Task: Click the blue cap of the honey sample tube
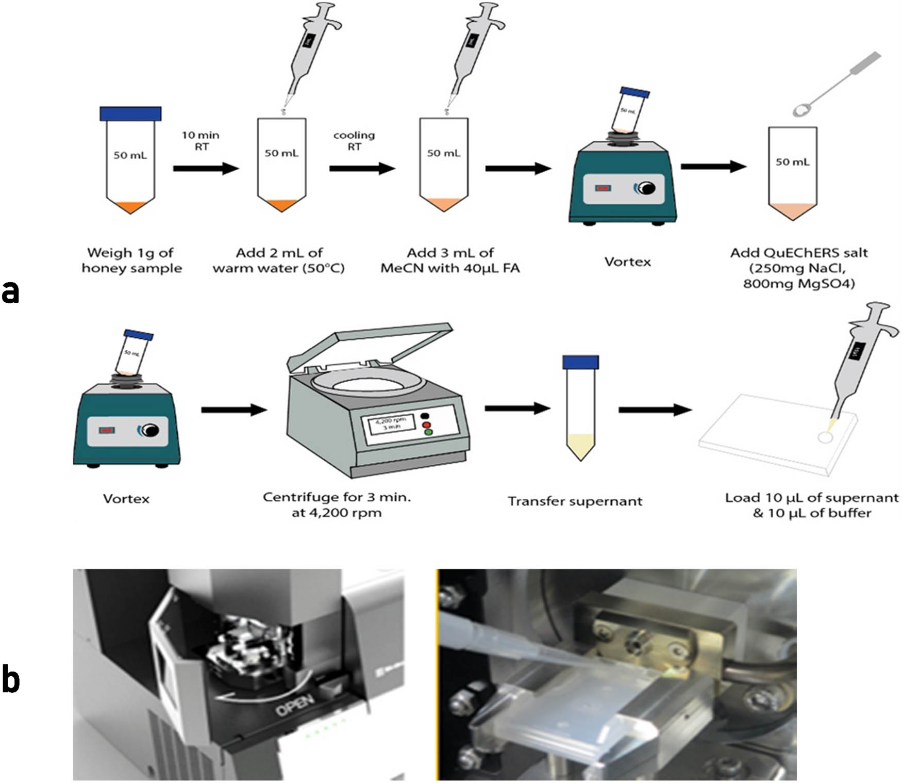(130, 113)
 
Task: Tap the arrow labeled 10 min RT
(206, 168)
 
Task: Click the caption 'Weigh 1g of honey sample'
(131, 260)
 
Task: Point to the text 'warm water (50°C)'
(278, 268)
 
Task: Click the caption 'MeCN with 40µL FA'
(450, 268)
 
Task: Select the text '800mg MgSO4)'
(799, 283)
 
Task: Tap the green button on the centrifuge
(428, 432)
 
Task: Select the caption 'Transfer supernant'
(575, 501)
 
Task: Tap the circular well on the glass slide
(825, 437)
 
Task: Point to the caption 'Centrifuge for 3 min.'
(337, 497)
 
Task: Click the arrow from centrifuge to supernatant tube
(517, 409)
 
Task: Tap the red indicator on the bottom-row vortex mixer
(107, 430)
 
